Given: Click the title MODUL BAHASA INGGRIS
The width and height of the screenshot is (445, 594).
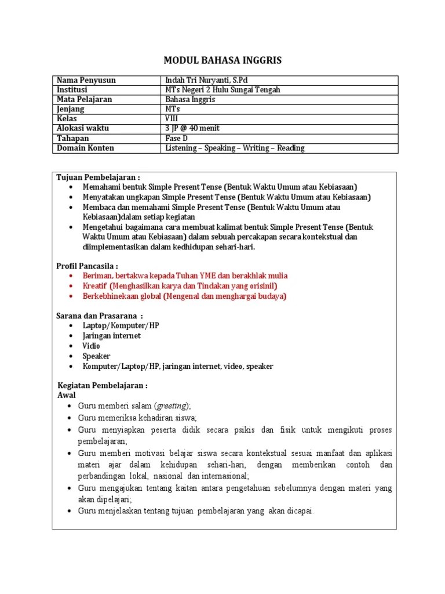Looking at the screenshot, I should click(x=222, y=61).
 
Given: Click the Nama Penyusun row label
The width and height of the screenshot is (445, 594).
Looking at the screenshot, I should click(x=86, y=80).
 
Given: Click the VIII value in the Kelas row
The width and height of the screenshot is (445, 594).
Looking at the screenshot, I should click(x=173, y=118).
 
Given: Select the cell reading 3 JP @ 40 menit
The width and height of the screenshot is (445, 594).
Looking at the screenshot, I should click(x=192, y=128).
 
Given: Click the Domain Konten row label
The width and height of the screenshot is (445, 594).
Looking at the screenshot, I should click(x=85, y=148).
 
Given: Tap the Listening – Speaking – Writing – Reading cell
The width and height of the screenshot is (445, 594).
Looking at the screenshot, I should click(x=235, y=148).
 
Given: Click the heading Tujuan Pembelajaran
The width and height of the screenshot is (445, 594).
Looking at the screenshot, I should click(x=98, y=177).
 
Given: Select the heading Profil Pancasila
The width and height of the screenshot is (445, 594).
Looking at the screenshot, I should click(x=87, y=266).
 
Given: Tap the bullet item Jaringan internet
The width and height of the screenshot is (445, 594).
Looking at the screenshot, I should click(x=111, y=336).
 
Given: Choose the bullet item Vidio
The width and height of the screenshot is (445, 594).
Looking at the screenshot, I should click(x=91, y=346).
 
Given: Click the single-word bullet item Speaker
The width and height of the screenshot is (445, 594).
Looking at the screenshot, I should click(x=96, y=356).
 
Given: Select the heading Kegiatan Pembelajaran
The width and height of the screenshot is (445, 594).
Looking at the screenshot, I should click(x=103, y=385).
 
